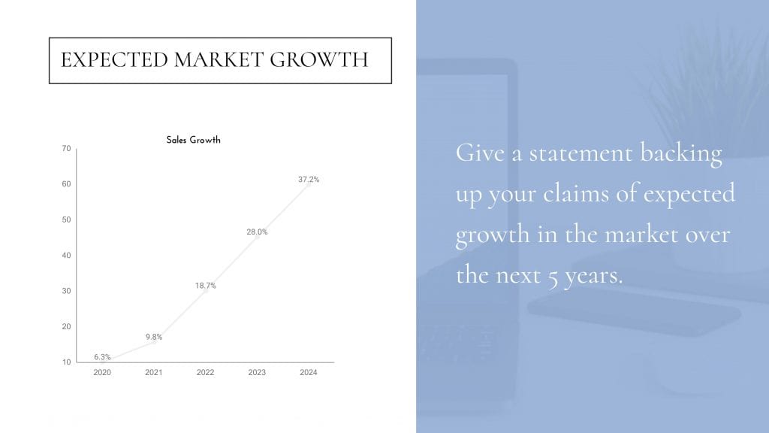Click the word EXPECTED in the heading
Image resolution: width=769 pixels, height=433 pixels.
(x=114, y=60)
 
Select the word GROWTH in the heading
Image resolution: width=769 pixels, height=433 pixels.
(x=318, y=60)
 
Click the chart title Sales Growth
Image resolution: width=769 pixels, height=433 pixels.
(x=193, y=140)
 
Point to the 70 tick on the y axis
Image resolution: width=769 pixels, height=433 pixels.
(x=66, y=148)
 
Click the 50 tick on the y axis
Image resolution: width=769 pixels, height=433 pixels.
(x=66, y=220)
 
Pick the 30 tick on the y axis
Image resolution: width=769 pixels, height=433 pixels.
(x=66, y=291)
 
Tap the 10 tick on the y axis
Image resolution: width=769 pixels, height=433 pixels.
(x=66, y=362)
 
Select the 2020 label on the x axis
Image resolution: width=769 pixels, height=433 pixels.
(x=102, y=372)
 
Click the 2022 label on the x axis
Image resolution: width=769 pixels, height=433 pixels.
(x=205, y=372)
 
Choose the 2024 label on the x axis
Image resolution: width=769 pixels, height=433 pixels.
(x=309, y=372)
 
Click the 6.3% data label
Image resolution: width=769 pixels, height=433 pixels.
(x=102, y=357)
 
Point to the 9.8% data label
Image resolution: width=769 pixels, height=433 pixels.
(x=153, y=337)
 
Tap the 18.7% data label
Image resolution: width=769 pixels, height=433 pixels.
(x=206, y=285)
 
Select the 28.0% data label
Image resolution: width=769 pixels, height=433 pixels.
(x=257, y=232)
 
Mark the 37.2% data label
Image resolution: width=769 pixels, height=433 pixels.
(x=309, y=179)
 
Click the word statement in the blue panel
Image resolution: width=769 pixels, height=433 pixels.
(x=581, y=153)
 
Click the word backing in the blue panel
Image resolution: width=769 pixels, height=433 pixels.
(x=681, y=154)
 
